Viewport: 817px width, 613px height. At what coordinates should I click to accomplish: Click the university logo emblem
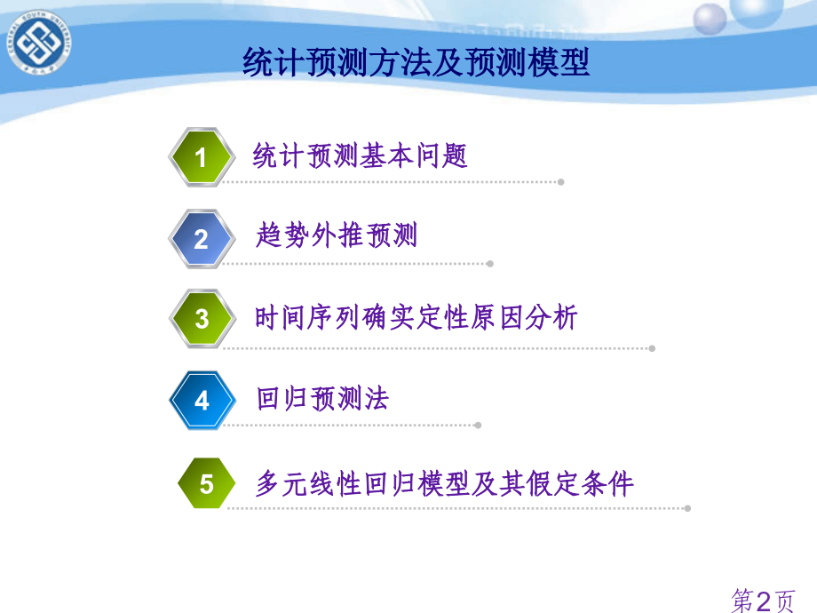[39, 43]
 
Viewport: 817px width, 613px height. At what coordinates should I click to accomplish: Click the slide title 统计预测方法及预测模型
[416, 62]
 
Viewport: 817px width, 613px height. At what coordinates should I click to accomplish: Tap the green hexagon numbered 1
[202, 157]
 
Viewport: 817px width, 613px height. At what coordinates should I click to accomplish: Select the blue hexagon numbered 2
[202, 239]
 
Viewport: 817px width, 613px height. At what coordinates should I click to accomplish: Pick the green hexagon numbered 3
[202, 318]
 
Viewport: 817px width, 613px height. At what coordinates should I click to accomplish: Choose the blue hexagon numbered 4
[202, 401]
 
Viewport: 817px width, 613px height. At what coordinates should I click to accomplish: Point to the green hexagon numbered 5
[206, 483]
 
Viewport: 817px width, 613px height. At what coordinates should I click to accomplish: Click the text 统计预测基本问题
[360, 155]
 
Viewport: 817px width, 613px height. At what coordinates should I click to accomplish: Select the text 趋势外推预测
[337, 235]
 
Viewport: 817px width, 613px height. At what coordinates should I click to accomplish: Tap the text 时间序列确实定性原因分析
[416, 317]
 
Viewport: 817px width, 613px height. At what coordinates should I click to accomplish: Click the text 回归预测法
[322, 399]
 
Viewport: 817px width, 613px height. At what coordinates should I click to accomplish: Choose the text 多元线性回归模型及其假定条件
[444, 483]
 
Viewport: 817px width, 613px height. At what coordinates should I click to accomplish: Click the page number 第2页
[764, 601]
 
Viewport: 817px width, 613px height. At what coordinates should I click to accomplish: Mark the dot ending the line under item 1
[561, 182]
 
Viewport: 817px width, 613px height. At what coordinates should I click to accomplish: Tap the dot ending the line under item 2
[490, 264]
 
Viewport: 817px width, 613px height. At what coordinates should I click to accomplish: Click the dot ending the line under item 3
[652, 348]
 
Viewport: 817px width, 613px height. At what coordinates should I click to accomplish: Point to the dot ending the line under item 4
[478, 426]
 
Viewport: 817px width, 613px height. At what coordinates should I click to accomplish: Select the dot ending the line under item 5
[687, 508]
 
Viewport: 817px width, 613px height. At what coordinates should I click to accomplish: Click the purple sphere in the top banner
[710, 19]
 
